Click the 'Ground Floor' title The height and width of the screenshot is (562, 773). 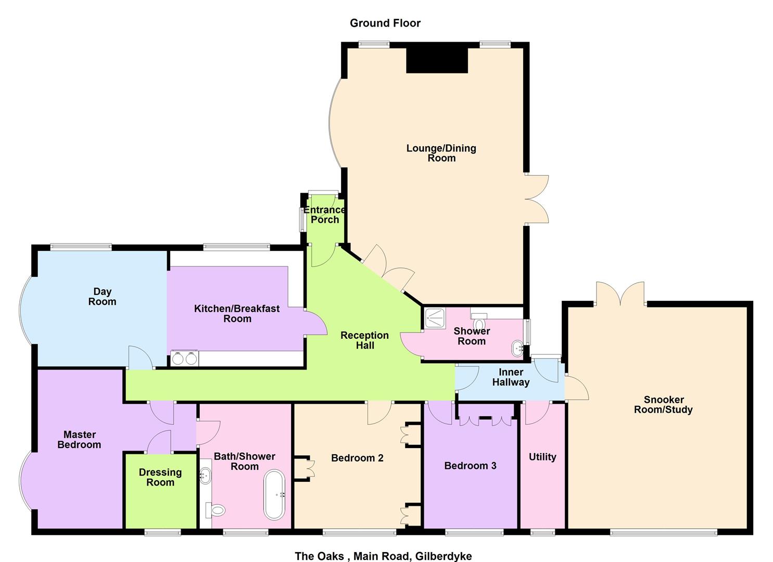[x=385, y=23]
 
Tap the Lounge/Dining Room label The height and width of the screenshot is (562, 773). [x=441, y=153]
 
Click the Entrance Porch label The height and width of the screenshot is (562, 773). [x=324, y=214]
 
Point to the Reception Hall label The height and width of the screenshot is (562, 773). [x=364, y=340]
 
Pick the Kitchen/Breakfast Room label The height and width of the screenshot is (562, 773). [x=237, y=313]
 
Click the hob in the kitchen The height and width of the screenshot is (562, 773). [x=185, y=358]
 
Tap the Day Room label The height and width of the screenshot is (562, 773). [x=102, y=297]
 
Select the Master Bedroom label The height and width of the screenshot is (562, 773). [x=79, y=439]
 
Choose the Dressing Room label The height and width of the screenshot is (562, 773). [x=160, y=477]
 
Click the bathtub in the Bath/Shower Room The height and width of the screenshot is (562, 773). [x=274, y=494]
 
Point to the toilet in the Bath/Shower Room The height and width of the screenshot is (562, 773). [x=216, y=510]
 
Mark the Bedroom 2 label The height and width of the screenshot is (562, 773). [x=357, y=458]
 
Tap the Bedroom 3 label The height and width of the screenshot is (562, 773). [x=470, y=466]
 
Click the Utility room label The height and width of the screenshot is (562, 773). [x=542, y=457]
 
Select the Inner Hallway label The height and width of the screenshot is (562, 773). [x=511, y=377]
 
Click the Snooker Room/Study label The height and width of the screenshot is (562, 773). [x=663, y=404]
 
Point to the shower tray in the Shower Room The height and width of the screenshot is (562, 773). [x=435, y=317]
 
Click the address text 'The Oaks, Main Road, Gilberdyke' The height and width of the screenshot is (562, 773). [x=383, y=556]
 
